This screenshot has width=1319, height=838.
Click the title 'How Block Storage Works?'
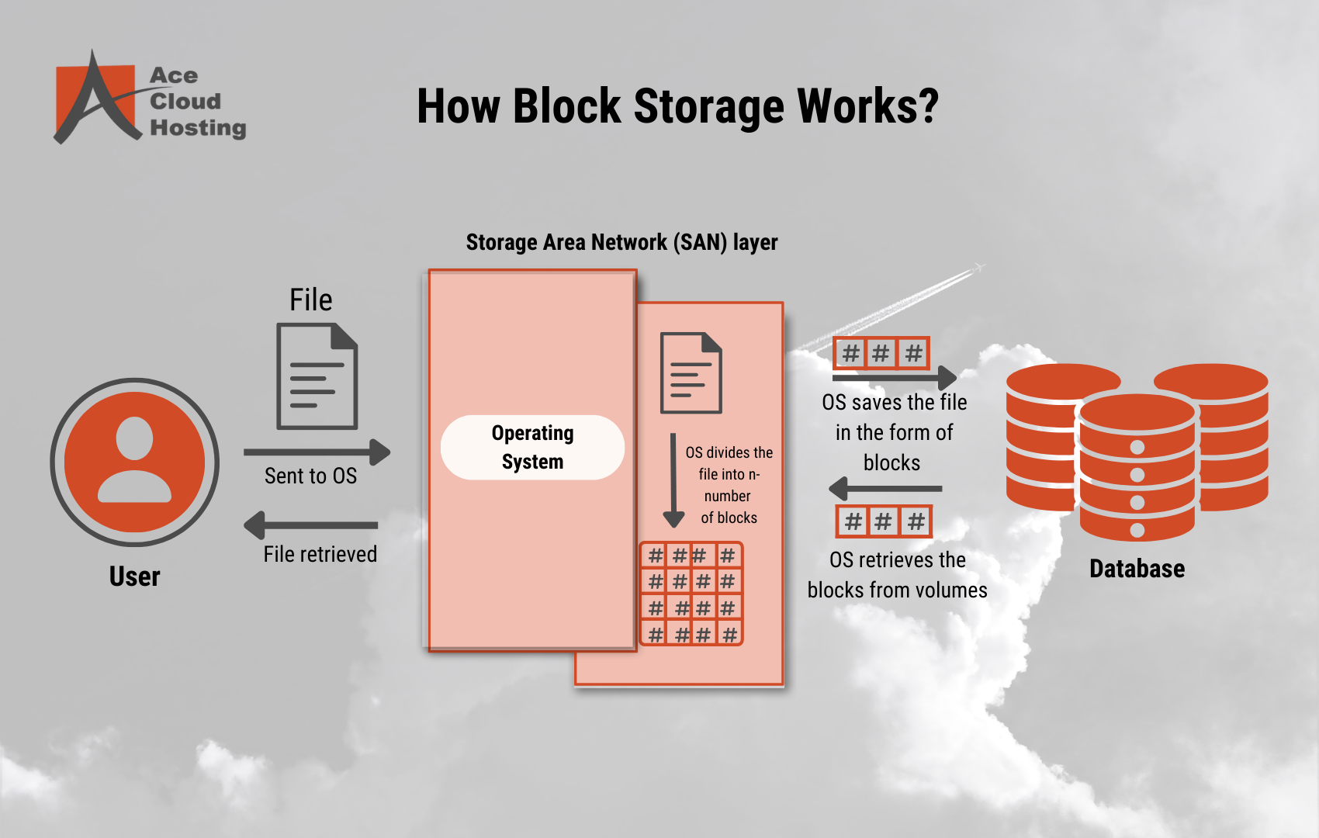[x=677, y=106]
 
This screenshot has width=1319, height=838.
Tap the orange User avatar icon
[x=135, y=462]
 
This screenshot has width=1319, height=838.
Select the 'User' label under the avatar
[x=134, y=577]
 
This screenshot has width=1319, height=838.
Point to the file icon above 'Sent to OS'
[x=317, y=376]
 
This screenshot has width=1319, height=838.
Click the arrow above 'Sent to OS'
[x=317, y=452]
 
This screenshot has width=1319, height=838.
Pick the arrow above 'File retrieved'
[x=311, y=525]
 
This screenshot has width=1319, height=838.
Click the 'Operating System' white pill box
[x=532, y=447]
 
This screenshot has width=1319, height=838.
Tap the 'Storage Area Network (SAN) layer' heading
[x=621, y=242]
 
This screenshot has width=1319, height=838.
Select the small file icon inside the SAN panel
[x=691, y=372]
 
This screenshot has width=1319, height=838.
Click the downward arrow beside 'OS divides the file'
[x=673, y=481]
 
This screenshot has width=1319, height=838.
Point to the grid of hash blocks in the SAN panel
[x=691, y=594]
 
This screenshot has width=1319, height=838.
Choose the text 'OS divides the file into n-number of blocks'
[x=729, y=485]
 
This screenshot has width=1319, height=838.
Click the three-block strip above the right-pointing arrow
[x=881, y=354]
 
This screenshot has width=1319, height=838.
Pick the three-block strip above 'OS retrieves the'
[x=883, y=521]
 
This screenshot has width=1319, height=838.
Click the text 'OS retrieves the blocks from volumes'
[x=897, y=575]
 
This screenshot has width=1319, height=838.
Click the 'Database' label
[x=1137, y=569]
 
